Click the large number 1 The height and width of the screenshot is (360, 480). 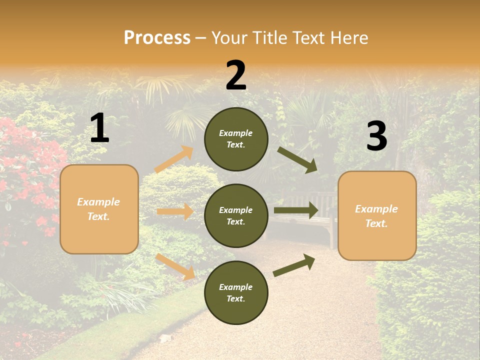[99, 128]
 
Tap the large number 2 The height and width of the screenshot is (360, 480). [236, 75]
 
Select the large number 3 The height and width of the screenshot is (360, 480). [376, 136]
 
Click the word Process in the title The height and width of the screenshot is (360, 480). [157, 37]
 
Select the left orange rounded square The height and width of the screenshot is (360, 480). [99, 209]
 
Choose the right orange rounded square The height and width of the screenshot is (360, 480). [377, 215]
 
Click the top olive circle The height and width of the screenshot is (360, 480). [236, 139]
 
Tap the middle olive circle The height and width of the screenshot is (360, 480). [236, 215]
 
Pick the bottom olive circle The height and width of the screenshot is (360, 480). [236, 292]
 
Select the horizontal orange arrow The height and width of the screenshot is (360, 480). [175, 211]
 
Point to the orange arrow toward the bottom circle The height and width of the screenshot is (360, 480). [175, 266]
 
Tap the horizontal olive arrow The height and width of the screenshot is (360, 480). [296, 210]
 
